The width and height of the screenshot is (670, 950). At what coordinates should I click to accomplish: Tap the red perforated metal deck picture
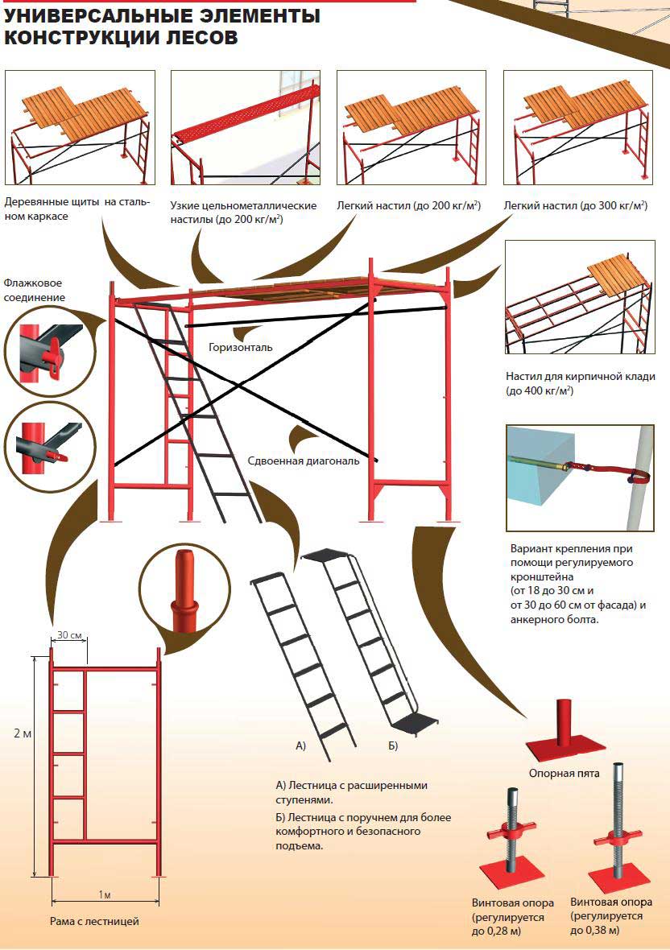[246, 129]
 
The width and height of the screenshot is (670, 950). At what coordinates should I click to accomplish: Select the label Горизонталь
[240, 348]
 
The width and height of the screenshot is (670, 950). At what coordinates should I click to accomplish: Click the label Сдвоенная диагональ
[304, 461]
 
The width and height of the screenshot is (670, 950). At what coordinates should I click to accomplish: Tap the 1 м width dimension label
[104, 895]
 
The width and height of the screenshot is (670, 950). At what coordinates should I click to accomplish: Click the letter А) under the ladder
[300, 746]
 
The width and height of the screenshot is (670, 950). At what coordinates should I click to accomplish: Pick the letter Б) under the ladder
[393, 746]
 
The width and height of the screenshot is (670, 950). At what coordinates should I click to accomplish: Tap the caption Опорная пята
[564, 773]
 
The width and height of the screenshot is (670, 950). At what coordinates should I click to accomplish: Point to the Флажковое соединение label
[32, 290]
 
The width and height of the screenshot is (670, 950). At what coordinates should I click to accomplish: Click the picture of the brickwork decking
[578, 298]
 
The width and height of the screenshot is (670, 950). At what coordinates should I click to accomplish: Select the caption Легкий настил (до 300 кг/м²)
[575, 206]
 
